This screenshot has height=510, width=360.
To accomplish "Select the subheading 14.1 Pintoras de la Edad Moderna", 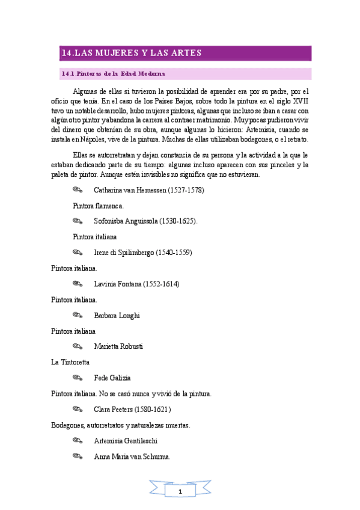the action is point(114,74).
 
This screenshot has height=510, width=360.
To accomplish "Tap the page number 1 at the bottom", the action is point(180,492).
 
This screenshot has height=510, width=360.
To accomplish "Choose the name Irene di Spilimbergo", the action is point(124,253).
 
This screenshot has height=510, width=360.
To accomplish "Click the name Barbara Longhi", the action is point(117,315).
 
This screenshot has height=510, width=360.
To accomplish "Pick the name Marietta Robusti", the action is point(118,346).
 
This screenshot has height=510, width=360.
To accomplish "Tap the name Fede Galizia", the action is point(112,378).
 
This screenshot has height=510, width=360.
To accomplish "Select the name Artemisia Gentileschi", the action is point(125,441).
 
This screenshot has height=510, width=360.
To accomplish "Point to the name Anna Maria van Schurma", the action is point(132,456).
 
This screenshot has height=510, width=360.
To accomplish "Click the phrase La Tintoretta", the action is point(70,362).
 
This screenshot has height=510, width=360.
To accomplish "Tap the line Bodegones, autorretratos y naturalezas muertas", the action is point(121,425).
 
